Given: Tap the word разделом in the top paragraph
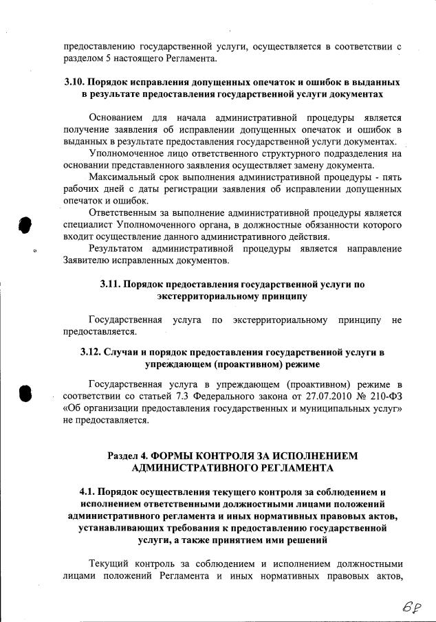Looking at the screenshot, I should tap(83, 58).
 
